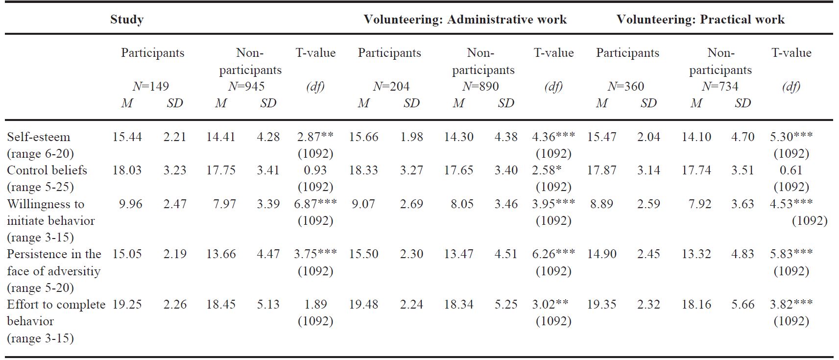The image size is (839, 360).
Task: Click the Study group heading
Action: (x=126, y=20)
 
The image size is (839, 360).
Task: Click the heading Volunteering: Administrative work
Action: (x=465, y=20)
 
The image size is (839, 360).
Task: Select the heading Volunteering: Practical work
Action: (x=700, y=20)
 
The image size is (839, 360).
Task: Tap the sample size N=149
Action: (x=151, y=87)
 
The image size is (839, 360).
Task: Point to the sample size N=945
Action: (x=246, y=87)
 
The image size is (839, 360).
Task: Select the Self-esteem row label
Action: (x=39, y=137)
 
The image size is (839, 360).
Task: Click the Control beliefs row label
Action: (x=47, y=170)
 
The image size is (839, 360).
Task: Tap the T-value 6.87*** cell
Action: (x=315, y=204)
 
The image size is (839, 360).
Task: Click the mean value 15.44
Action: (x=127, y=137)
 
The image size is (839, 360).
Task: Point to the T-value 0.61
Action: (x=791, y=170)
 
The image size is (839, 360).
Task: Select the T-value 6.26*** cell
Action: (x=553, y=254)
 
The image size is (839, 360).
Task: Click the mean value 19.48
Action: (x=363, y=305)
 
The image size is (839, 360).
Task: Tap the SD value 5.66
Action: (x=743, y=305)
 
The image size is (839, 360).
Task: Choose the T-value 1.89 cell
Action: (x=315, y=305)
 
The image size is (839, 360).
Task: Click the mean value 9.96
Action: (x=130, y=204)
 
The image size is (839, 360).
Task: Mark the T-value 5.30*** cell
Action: (x=791, y=137)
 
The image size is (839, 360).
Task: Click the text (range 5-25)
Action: (x=40, y=187)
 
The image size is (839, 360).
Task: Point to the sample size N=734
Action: (x=719, y=87)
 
